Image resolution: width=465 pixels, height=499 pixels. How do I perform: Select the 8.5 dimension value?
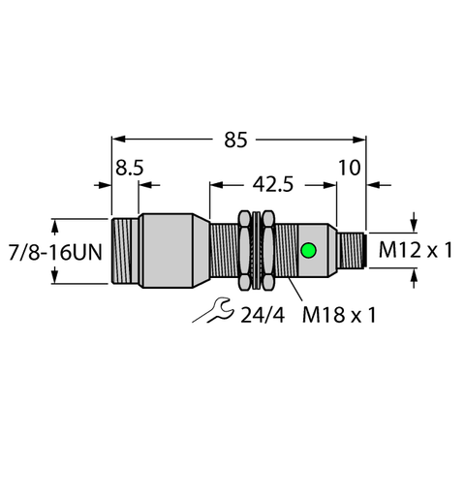[x=129, y=168]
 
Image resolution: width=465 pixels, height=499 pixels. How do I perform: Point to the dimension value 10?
[x=350, y=168]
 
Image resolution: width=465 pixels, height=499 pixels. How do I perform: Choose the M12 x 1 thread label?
[x=416, y=250]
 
